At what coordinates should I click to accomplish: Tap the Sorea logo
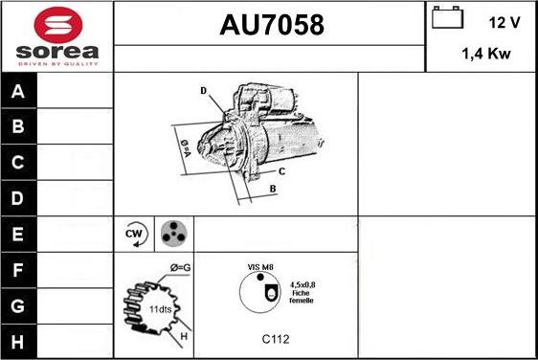point(56,36)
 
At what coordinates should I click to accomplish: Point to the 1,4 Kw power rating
point(485,55)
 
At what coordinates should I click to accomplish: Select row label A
point(18,92)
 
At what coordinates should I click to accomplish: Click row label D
point(18,198)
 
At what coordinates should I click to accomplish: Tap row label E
point(18,233)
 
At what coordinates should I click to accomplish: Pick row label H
point(18,341)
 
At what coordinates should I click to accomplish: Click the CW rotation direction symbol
point(134,233)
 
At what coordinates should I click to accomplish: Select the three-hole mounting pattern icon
point(173,233)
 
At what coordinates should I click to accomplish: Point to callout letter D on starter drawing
point(204,91)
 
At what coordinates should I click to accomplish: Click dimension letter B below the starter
point(273,189)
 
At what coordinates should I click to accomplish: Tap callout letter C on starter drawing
point(281,171)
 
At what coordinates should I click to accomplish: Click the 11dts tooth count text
point(161,310)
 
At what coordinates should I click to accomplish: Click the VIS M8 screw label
point(261,267)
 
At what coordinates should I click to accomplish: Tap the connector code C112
point(276,338)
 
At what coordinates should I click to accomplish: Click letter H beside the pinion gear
point(185,335)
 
